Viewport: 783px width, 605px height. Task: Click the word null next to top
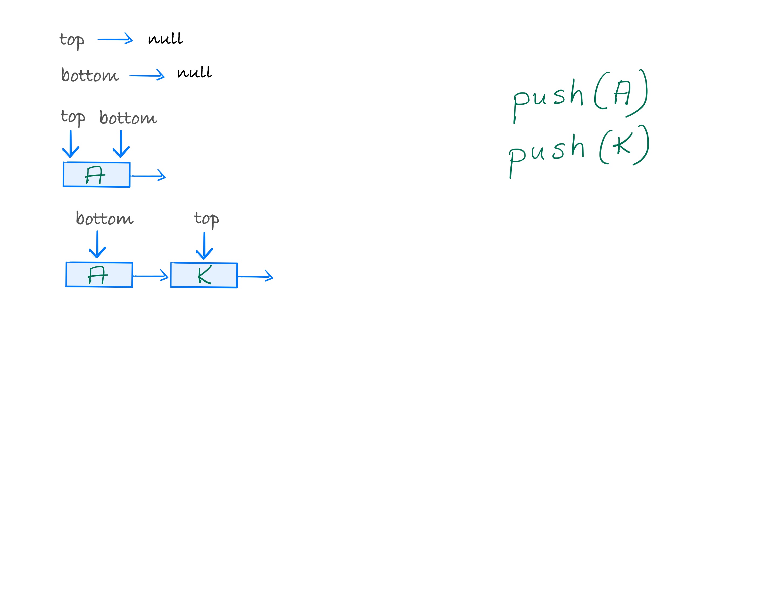point(165,38)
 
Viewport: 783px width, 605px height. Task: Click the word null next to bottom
point(194,73)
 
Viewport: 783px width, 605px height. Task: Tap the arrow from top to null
point(115,39)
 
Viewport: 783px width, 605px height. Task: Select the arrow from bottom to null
point(147,75)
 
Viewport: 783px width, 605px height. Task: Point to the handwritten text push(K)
point(578,150)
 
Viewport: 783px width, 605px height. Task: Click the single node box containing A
point(97,174)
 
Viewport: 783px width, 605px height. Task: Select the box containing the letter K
point(204,275)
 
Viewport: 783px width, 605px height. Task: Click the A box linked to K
point(99,274)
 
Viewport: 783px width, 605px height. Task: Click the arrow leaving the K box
point(255,276)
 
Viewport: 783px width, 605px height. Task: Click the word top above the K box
point(206,219)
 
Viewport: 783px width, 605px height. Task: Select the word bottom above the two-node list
point(104,218)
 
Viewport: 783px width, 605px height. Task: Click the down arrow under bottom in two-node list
point(97,245)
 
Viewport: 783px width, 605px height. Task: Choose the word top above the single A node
point(73,117)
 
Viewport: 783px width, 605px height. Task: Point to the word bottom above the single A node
point(128,118)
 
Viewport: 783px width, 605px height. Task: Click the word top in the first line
point(72,40)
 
